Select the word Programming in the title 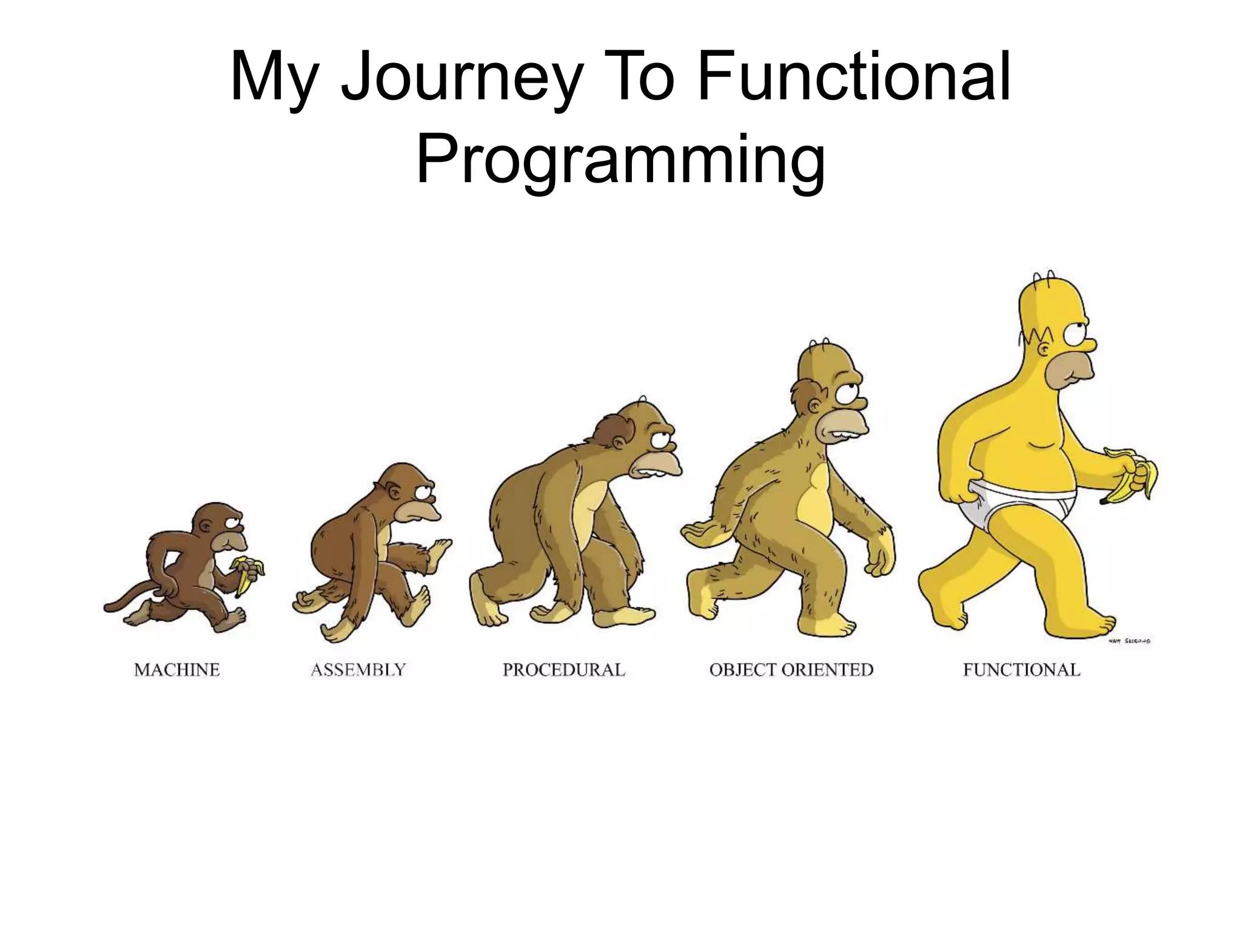[x=620, y=159]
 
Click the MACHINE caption [x=176, y=670]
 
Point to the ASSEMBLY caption [x=358, y=670]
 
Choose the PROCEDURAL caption [x=563, y=670]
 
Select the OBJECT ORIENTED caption [x=791, y=670]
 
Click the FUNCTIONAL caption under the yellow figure [x=1021, y=670]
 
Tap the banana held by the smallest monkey [x=247, y=573]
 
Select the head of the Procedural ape [x=637, y=437]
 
